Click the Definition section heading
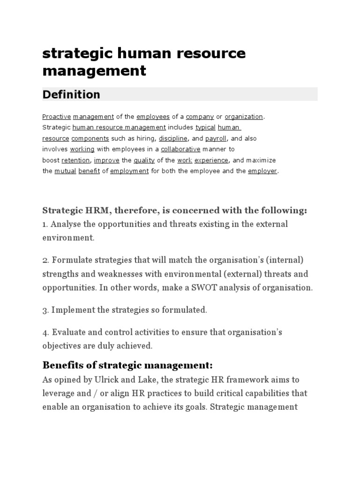click(x=71, y=94)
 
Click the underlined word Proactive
click(x=57, y=116)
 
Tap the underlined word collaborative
click(x=180, y=149)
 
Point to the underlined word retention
click(x=75, y=160)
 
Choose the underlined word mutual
click(x=65, y=171)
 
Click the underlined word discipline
click(x=173, y=138)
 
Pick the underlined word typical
click(x=205, y=127)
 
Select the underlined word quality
click(x=144, y=160)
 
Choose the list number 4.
click(x=45, y=332)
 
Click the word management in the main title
click(x=94, y=71)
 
